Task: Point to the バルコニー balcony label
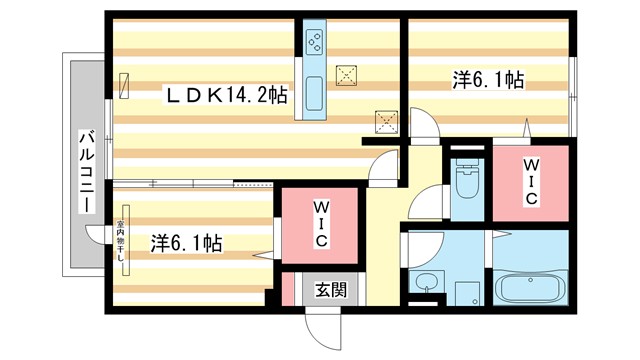[x=87, y=170]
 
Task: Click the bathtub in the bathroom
[x=530, y=290]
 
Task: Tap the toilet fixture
[x=466, y=180]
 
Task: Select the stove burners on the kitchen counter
[x=313, y=43]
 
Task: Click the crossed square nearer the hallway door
[x=385, y=121]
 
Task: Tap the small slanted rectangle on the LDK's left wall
[x=124, y=86]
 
